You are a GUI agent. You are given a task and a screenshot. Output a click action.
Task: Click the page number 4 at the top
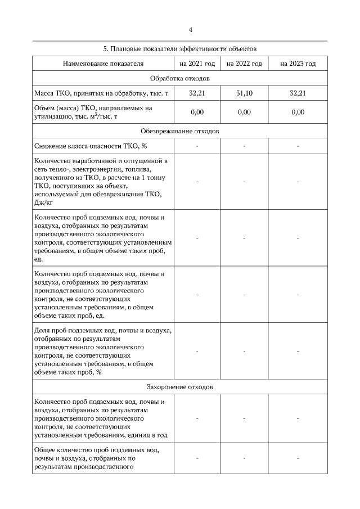point(191,30)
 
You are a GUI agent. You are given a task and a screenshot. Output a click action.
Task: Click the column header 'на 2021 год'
point(197,64)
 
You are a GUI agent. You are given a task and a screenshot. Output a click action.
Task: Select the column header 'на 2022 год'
point(244,64)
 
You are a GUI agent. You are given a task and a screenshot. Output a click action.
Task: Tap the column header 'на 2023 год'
point(298,64)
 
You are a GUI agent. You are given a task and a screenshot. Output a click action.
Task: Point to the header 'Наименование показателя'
point(103,64)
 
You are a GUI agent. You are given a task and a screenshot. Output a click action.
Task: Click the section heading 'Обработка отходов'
point(179,78)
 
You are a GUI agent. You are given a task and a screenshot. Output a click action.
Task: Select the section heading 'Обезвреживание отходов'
point(179,130)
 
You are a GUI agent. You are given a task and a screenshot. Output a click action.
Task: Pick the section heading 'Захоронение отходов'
point(179,388)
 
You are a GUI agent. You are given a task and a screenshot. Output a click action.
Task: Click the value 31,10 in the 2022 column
point(244,93)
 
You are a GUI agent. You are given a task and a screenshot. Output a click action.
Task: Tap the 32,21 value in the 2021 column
point(197,93)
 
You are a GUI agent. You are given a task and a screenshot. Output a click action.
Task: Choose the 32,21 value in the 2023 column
point(298,93)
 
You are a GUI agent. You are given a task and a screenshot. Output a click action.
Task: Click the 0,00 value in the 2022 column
point(244,112)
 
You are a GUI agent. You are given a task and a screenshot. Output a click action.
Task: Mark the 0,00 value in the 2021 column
point(197,112)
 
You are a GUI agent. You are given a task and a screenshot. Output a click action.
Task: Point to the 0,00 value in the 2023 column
point(298,112)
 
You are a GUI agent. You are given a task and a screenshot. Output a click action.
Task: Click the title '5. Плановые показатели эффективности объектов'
point(179,49)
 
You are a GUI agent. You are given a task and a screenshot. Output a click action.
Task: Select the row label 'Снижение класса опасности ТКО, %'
point(91,146)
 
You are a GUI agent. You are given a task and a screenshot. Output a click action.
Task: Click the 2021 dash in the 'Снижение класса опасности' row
point(197,146)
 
